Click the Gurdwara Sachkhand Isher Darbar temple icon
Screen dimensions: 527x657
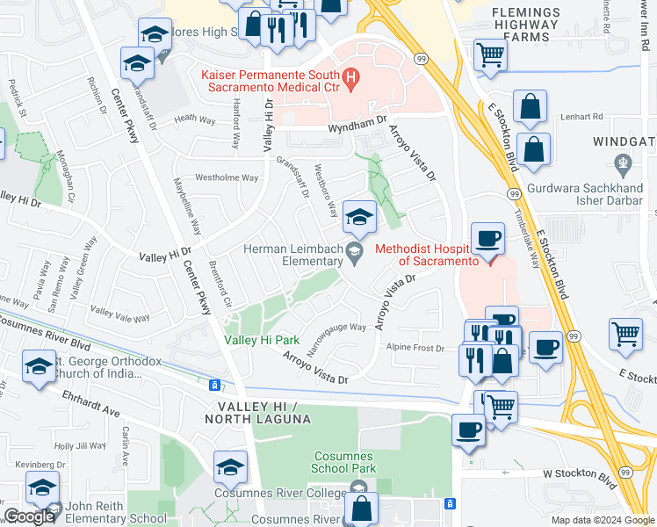tap(624, 162)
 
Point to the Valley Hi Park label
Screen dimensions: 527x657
tap(263, 340)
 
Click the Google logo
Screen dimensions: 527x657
tap(29, 516)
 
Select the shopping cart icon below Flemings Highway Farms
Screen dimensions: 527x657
tap(489, 55)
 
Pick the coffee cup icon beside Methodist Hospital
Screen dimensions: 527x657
tap(487, 238)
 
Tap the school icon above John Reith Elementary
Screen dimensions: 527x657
tap(41, 487)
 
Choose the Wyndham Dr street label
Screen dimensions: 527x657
tap(357, 127)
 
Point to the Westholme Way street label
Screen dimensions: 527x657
tap(227, 177)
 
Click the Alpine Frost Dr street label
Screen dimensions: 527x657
tap(416, 348)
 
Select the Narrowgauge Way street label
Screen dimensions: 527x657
tap(336, 328)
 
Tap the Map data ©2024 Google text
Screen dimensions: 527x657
tap(602, 520)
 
